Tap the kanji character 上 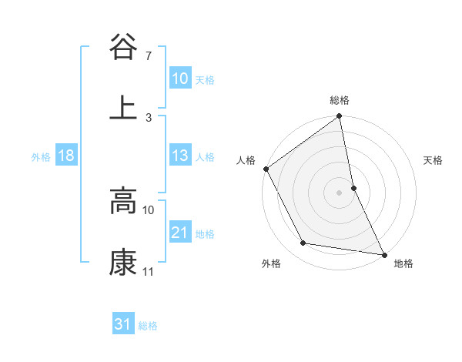click(x=123, y=106)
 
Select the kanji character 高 click(x=123, y=202)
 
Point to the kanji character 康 click(x=123, y=263)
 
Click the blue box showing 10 click(x=180, y=79)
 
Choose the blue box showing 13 click(x=180, y=156)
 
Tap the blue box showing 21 click(x=180, y=233)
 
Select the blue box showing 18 click(x=66, y=156)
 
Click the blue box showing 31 click(x=123, y=324)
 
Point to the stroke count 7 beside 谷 click(x=149, y=55)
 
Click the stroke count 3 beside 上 click(x=149, y=117)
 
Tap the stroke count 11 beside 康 click(x=149, y=272)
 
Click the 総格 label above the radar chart click(x=340, y=100)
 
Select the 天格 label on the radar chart click(x=434, y=160)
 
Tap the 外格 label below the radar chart click(x=271, y=263)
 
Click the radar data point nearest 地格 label click(x=383, y=254)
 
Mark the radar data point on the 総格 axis click(x=340, y=117)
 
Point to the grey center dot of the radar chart click(x=340, y=192)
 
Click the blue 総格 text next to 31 click(x=148, y=326)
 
